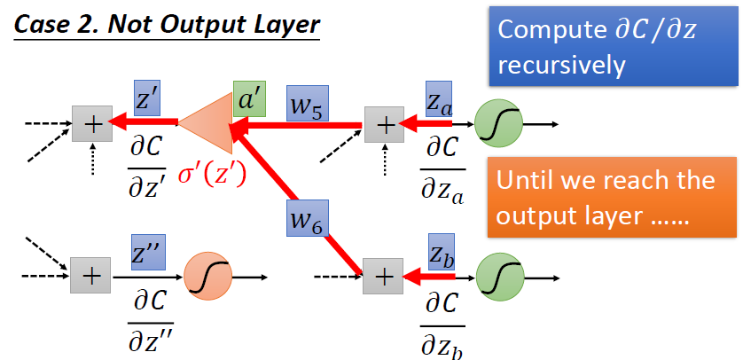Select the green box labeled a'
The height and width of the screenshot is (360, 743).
[x=249, y=98]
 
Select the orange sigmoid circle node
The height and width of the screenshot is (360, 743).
[x=207, y=277]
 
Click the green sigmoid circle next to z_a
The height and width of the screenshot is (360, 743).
[x=497, y=124]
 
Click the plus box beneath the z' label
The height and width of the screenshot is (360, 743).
[x=90, y=124]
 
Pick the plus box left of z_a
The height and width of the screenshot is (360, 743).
[x=384, y=124]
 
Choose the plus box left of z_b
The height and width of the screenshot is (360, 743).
[x=383, y=276]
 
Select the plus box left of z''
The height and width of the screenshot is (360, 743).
[x=90, y=276]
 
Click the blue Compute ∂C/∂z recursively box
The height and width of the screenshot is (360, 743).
[x=609, y=46]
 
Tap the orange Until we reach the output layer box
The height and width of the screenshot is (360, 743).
[x=610, y=197]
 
